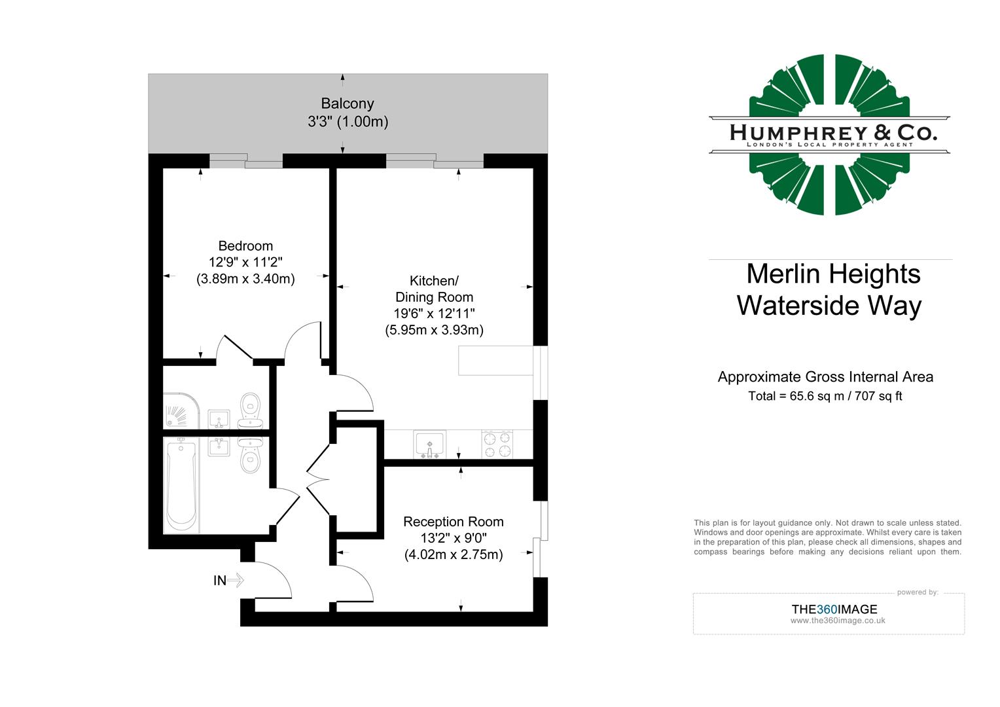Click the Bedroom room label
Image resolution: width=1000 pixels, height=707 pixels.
coord(245,246)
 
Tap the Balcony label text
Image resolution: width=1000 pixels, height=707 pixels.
coord(348,103)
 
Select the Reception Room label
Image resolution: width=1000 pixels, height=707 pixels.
coord(453,522)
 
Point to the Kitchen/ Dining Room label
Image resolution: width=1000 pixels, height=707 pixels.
coord(434,289)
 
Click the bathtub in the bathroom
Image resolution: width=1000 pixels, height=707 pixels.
coord(181,485)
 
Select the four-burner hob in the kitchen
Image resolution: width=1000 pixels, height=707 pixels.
coord(497,445)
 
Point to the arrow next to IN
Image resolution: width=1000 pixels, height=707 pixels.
coord(236,580)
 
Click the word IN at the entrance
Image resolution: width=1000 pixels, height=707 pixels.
coord(219,580)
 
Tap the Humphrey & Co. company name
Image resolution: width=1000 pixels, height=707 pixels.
coord(832,133)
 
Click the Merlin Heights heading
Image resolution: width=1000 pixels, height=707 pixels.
coord(832,274)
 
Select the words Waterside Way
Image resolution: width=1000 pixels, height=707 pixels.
coord(829,306)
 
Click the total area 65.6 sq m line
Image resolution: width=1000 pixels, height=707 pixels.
coord(825,396)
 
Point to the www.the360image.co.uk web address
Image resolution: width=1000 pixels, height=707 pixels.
coord(837,621)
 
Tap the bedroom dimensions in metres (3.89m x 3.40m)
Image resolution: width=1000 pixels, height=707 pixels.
coord(245,279)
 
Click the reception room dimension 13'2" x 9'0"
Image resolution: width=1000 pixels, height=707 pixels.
coord(453,538)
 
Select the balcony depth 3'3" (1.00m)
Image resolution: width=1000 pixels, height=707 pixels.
coord(348,122)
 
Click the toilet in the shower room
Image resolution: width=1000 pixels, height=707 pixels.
coord(250,407)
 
